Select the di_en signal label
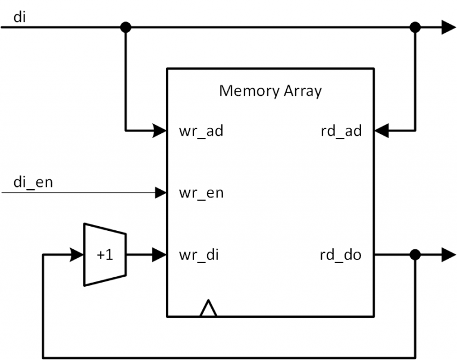click(33, 181)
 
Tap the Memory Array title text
click(270, 91)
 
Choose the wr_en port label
click(201, 193)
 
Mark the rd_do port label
click(340, 256)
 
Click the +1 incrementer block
click(105, 255)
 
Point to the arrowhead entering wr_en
click(160, 192)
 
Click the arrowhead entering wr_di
click(159, 255)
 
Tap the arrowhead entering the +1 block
click(77, 255)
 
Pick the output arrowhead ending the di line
click(448, 27)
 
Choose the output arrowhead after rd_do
click(448, 255)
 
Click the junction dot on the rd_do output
click(415, 255)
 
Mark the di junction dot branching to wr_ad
click(126, 27)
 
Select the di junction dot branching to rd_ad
click(415, 27)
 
